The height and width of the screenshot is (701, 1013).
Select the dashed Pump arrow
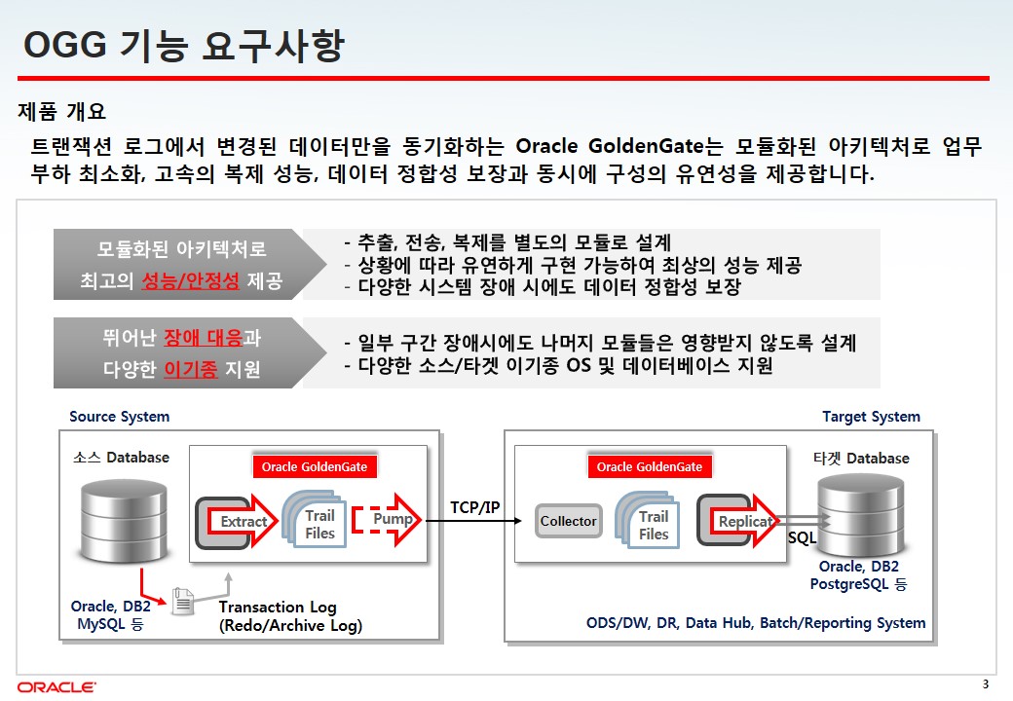pos(387,520)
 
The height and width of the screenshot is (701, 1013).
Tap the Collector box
pos(569,521)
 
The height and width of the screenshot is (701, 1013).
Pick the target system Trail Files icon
pos(649,521)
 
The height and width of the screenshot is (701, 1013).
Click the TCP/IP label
pos(475,507)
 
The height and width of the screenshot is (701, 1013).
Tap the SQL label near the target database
pos(802,537)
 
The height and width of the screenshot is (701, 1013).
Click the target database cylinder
pos(860,515)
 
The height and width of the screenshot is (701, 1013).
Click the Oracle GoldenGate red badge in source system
pos(315,466)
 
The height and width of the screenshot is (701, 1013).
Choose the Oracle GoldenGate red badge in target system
pos(650,466)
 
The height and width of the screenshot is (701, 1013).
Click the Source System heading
pos(120,417)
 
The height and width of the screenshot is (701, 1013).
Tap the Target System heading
pos(871,417)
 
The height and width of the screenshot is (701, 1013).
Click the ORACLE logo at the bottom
pos(56,686)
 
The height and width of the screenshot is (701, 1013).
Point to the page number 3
pos(985,684)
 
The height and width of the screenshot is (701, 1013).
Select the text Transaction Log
pos(278,608)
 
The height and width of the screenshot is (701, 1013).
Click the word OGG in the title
pos(64,45)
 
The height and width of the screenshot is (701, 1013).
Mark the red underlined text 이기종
pos(191,369)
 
